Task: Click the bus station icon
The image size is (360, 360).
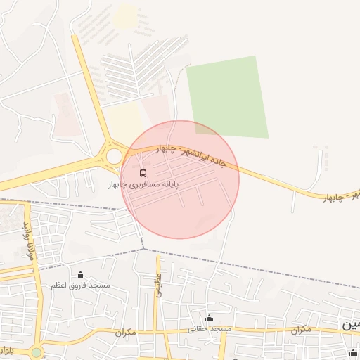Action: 143,172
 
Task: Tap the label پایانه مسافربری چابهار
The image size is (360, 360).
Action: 143,184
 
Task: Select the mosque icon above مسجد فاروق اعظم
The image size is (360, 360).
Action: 80,275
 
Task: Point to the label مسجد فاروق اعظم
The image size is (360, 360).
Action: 80,285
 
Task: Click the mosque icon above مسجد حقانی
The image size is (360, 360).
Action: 209,319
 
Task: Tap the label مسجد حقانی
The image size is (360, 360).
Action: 210,329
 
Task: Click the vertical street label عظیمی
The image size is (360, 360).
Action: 159,285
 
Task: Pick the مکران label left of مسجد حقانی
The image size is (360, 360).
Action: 123,332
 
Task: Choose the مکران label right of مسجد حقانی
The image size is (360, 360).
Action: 300,329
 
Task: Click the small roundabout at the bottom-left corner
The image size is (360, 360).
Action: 37,352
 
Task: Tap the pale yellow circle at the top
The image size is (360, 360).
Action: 127,16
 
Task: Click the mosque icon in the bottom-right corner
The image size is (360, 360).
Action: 352,353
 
